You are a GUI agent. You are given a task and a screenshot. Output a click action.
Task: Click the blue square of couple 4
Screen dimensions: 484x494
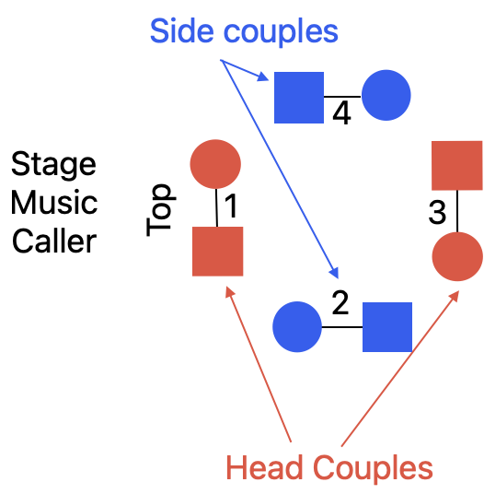click(x=299, y=98)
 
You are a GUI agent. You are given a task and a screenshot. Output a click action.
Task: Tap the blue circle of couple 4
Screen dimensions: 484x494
click(x=386, y=95)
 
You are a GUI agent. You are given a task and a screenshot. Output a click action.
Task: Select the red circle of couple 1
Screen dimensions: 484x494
click(x=215, y=164)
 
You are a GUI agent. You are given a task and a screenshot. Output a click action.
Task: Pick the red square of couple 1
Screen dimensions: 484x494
click(x=218, y=252)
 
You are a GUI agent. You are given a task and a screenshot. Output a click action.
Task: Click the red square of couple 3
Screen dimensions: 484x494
click(x=457, y=165)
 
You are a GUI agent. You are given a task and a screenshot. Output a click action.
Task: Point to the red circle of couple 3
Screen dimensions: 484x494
click(x=457, y=256)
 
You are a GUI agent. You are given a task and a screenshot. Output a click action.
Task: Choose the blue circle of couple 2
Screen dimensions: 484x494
click(x=297, y=326)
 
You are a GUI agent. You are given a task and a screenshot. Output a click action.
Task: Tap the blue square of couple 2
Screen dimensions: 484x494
click(x=387, y=327)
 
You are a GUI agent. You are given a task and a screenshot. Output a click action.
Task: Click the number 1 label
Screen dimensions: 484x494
click(x=231, y=206)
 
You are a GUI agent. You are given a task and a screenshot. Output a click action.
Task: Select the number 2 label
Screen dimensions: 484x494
click(x=340, y=303)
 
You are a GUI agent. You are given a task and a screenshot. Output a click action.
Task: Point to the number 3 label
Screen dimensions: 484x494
click(x=437, y=212)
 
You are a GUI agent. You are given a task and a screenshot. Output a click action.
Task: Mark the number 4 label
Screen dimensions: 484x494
click(x=341, y=113)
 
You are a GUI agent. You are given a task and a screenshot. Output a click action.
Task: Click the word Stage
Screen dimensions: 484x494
click(x=53, y=165)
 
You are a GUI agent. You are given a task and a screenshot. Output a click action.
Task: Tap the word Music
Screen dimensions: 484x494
click(x=54, y=202)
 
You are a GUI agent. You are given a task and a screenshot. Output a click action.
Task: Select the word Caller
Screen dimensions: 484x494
click(x=54, y=241)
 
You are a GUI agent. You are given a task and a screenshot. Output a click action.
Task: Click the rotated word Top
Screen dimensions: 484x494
click(x=161, y=210)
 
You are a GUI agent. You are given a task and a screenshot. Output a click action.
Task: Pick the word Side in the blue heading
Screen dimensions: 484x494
click(x=182, y=30)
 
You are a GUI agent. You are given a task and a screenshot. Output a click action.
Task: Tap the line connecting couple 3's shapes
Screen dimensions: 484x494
click(x=457, y=211)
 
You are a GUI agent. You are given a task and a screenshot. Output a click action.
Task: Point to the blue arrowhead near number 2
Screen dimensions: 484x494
click(x=334, y=273)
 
